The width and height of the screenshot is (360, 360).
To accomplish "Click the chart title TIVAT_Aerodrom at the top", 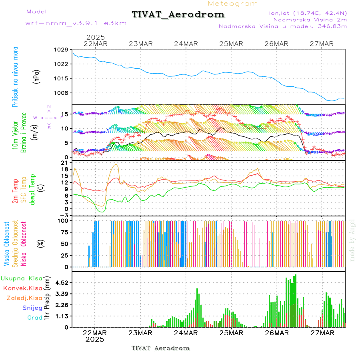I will (178, 14).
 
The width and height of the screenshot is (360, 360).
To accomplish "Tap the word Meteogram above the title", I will (233, 4).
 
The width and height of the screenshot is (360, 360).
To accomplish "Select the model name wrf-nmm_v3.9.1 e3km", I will (76, 23).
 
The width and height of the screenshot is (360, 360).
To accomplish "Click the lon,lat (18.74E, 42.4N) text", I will (308, 13).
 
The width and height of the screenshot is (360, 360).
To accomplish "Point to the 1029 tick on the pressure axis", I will (60, 50).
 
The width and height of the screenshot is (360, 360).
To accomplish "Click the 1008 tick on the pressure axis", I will (60, 93).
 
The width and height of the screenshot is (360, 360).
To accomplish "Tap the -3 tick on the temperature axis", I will (63, 215).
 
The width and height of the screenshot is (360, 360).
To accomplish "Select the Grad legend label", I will (34, 318).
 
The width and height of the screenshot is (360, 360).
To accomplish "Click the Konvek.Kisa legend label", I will (22, 288).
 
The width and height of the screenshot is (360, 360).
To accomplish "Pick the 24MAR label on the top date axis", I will (186, 44).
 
